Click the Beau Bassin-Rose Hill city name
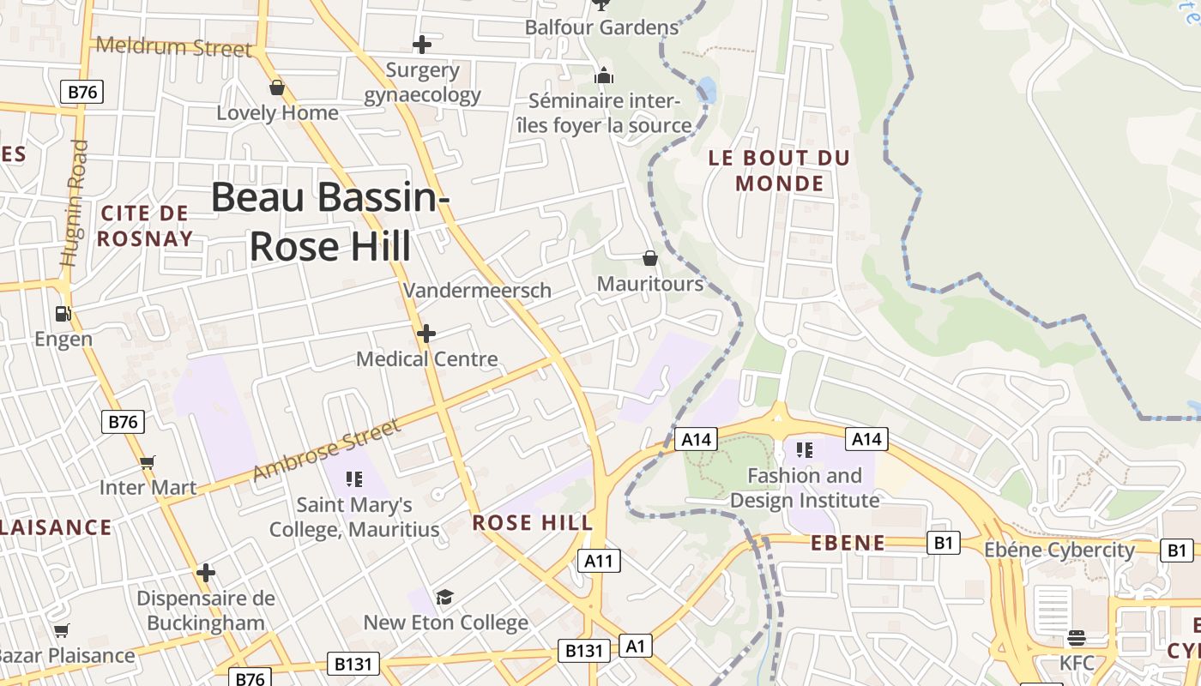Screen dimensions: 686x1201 [x=330, y=221]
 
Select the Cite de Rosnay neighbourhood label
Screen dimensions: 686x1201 [x=144, y=226]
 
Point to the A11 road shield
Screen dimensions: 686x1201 [x=598, y=561]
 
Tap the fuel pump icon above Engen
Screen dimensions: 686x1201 [x=63, y=314]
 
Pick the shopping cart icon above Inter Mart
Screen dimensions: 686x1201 [x=148, y=463]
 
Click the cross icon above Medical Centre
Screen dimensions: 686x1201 [x=425, y=333]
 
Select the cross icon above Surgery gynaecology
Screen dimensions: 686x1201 [x=421, y=44]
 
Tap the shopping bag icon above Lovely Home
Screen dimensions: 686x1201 [x=276, y=87]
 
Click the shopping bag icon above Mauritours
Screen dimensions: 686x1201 [x=650, y=258]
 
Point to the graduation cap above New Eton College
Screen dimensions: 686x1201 [x=444, y=597]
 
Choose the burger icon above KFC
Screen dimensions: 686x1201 [x=1076, y=638]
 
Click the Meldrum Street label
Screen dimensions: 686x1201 [x=174, y=46]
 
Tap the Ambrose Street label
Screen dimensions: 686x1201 [x=327, y=449]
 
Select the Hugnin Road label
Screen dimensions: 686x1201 [x=75, y=203]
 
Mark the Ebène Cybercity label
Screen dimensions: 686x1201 [x=1059, y=550]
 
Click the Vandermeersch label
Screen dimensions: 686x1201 [x=477, y=290]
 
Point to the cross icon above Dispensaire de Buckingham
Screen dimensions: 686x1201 [x=205, y=572]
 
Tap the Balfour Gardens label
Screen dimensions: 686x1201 [x=601, y=27]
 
